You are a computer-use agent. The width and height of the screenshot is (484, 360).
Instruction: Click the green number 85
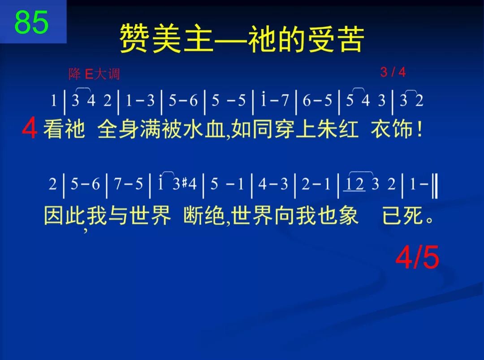[31, 22]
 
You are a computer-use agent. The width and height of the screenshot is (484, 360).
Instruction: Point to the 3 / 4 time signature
[393, 72]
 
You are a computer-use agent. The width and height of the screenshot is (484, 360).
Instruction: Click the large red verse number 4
[30, 130]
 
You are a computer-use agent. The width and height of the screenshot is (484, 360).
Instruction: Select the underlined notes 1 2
[354, 185]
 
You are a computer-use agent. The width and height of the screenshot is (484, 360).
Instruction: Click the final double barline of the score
[434, 185]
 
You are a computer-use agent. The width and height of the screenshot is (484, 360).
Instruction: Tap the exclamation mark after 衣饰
[419, 130]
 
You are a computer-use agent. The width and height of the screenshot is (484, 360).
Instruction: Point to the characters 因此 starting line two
[63, 217]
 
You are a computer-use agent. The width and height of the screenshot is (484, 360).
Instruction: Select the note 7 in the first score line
[285, 101]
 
